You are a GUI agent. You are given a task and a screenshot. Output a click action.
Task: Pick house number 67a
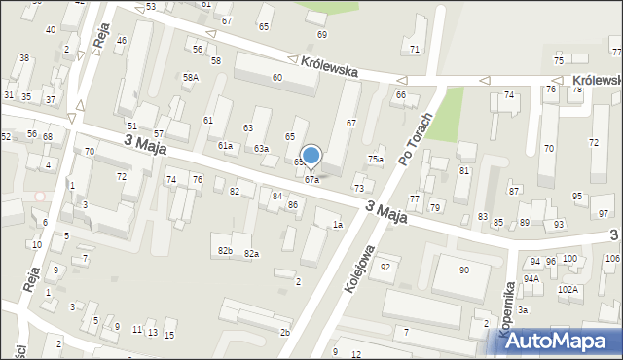point(311,180)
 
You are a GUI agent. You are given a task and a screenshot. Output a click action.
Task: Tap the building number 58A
point(191,77)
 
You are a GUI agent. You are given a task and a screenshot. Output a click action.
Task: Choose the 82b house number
point(225,251)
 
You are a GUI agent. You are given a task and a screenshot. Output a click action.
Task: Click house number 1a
point(337,225)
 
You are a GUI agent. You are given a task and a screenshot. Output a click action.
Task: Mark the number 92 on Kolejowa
point(385,267)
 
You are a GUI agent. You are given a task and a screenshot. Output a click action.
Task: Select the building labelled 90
point(463,270)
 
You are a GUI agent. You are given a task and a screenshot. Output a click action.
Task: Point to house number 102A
point(568,289)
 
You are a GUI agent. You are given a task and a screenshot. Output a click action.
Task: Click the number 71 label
point(415,49)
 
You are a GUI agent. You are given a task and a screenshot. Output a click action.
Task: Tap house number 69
point(322,34)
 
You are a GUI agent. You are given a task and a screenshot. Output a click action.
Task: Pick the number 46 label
point(121,40)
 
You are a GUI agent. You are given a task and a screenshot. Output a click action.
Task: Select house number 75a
point(375,159)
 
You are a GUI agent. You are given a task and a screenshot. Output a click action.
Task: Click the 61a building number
point(226,146)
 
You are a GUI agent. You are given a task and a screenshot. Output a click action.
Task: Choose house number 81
point(463,171)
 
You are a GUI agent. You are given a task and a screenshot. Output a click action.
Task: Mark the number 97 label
point(604,213)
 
